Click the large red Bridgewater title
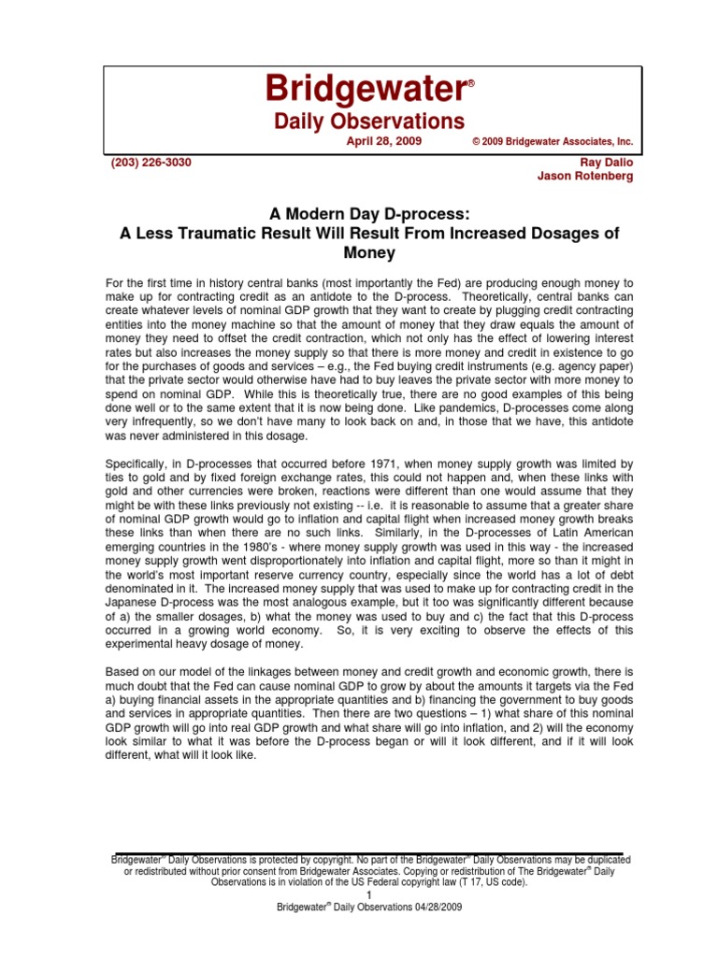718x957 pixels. pyautogui.click(x=365, y=91)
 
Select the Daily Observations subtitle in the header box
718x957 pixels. pyautogui.click(x=368, y=121)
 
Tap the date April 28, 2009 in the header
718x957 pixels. pyautogui.click(x=383, y=141)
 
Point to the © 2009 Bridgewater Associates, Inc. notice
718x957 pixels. pyautogui.click(x=553, y=142)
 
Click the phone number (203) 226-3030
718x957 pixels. pyautogui.click(x=151, y=162)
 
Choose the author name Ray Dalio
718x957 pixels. pyautogui.click(x=607, y=162)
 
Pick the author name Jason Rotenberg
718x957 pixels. pyautogui.click(x=586, y=177)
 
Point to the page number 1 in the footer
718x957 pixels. pyautogui.click(x=370, y=894)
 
